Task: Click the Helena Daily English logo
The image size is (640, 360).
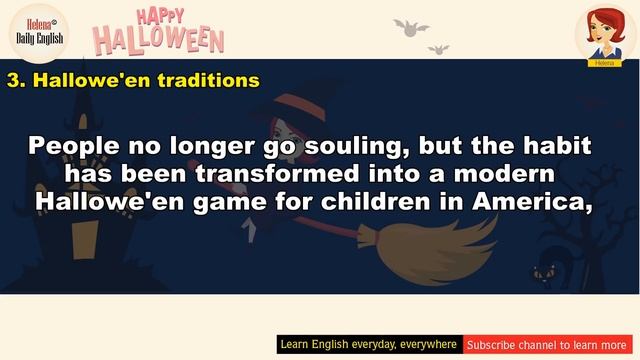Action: tap(39, 30)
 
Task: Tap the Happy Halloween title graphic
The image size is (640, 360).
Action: tap(158, 30)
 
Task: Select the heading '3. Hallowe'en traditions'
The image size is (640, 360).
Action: tap(133, 80)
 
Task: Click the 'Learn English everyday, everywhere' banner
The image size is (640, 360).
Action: tap(369, 344)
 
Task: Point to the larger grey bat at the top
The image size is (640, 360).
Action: tap(410, 26)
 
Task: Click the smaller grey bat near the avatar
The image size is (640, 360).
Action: tap(439, 48)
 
